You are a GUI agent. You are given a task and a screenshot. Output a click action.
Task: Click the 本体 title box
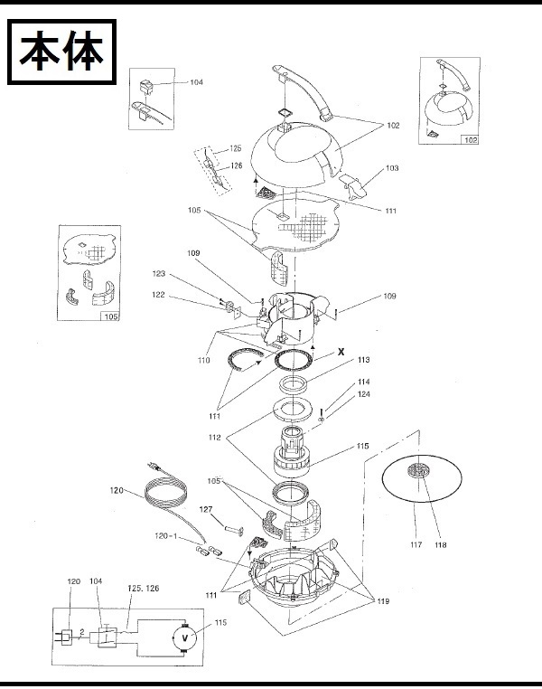point(62,52)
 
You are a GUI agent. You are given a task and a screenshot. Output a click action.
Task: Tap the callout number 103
point(392,168)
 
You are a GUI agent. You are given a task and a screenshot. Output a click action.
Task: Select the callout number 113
point(364,360)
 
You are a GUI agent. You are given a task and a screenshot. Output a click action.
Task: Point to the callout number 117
point(416,545)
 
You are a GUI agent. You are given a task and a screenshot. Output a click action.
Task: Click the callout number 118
point(441,545)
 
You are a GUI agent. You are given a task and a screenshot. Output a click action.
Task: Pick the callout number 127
point(206,510)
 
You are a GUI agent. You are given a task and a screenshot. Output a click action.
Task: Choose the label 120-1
point(167,535)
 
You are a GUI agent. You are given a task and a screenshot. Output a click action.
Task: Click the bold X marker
point(341,352)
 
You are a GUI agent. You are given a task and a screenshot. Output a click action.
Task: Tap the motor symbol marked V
point(185,638)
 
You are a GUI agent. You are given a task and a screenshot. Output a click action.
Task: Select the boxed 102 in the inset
point(470,140)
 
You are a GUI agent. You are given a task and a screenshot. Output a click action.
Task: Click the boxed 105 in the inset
point(111,316)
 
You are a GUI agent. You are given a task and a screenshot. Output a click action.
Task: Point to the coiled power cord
point(164,491)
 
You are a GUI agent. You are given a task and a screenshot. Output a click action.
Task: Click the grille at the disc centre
point(418,471)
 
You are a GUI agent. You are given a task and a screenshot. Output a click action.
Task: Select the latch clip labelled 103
point(354,187)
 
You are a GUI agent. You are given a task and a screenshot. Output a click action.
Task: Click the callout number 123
point(159,274)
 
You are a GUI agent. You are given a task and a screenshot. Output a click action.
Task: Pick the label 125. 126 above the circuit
point(144,589)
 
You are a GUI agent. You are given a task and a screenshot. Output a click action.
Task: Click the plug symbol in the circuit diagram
point(65,637)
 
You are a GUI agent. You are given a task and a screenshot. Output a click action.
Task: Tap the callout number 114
point(364,382)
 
